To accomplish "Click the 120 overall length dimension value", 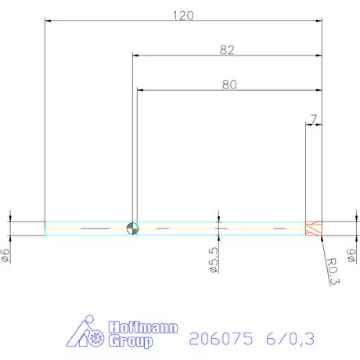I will (182, 15).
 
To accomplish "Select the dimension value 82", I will (228, 49).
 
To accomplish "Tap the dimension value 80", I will (229, 85).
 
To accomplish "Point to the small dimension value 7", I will (313, 119).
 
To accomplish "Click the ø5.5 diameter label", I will (212, 259).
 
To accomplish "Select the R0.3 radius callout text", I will (332, 272).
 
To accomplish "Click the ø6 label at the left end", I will (5, 254).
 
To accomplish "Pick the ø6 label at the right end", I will (351, 255).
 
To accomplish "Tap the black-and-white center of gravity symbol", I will (132, 228).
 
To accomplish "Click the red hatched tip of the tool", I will (313, 228).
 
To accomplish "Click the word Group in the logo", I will (131, 342).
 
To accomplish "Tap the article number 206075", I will (221, 338).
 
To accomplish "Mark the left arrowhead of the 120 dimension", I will (48, 21).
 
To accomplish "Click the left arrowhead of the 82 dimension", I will (135, 56).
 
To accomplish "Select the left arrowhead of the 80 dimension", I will (141, 90).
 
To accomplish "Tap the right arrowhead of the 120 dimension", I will (319, 21).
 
